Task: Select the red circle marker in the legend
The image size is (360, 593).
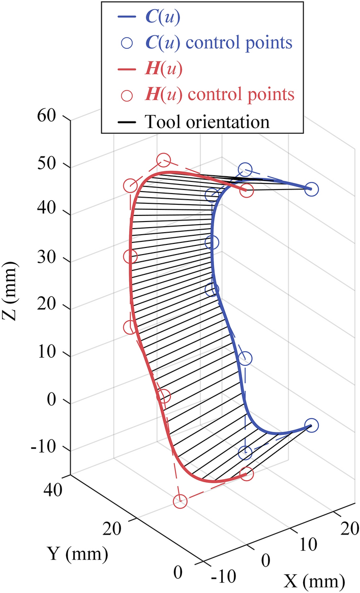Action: [127, 95]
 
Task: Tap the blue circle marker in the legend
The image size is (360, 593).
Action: [127, 42]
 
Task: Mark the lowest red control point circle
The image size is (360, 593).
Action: [180, 502]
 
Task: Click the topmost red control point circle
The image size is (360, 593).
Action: [163, 161]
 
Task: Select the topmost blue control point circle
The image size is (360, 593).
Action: [245, 170]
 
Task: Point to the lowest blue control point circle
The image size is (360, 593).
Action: [245, 452]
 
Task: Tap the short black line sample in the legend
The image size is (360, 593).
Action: [127, 122]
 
